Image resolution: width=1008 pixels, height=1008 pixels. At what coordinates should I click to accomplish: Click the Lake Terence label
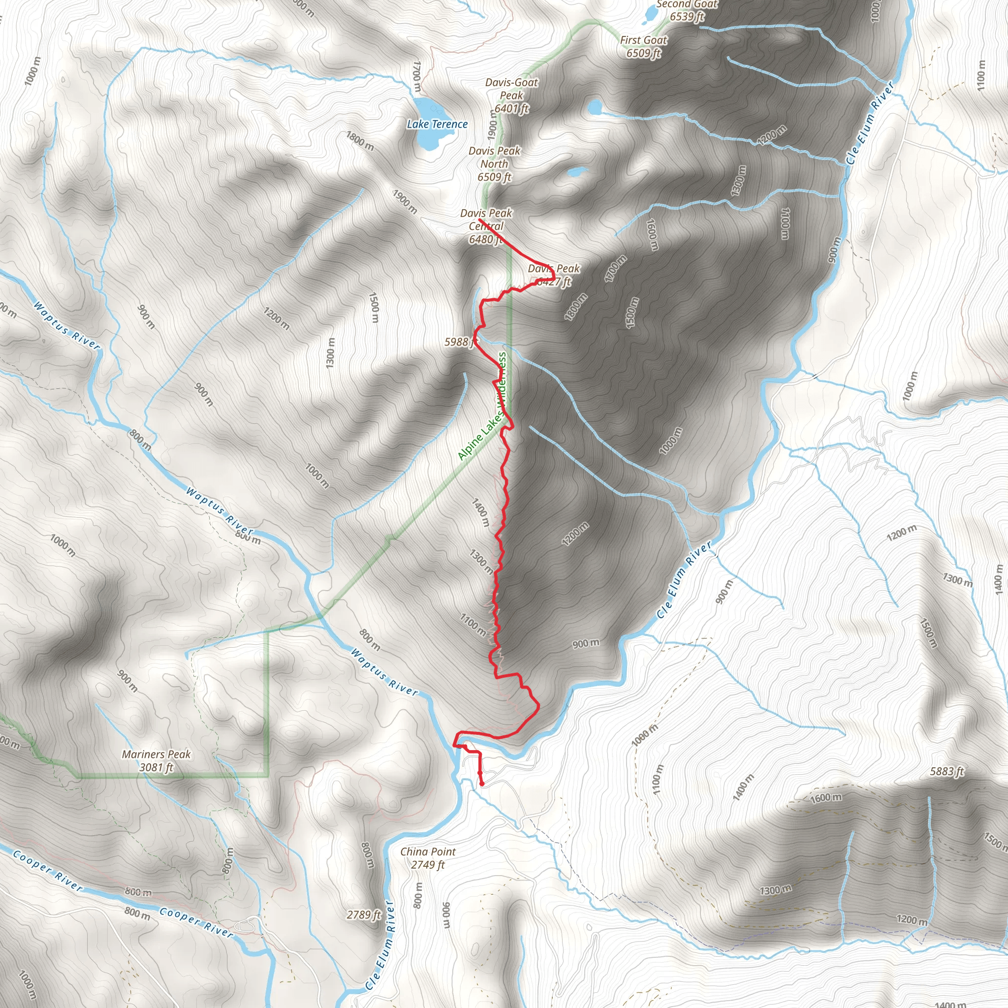coord(437,124)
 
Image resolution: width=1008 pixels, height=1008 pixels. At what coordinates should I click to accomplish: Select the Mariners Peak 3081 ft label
coord(156,761)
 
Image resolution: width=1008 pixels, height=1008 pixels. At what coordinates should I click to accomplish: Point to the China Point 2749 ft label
coord(428,858)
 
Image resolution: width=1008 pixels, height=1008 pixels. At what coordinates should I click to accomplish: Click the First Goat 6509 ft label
coord(644,46)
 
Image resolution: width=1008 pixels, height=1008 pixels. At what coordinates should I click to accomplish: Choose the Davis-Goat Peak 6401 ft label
coord(511,95)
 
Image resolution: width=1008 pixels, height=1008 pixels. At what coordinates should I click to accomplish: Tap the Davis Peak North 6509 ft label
coord(494,164)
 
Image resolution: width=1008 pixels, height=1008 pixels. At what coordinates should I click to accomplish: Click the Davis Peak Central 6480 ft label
coord(486,226)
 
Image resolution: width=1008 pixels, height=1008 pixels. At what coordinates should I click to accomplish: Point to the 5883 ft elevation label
coord(947,771)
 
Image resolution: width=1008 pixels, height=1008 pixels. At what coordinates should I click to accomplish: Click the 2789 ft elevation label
coord(364,914)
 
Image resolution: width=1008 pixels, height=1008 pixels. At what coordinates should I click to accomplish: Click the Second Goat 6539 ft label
coord(687,10)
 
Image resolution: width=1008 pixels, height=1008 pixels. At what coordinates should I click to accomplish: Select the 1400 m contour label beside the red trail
coord(480,512)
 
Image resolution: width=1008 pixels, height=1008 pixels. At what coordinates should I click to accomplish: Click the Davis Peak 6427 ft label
coord(554,275)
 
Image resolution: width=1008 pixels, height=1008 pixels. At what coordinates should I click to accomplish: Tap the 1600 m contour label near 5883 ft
coord(826,798)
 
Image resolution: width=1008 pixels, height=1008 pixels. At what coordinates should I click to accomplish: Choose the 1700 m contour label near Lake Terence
coord(416,77)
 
